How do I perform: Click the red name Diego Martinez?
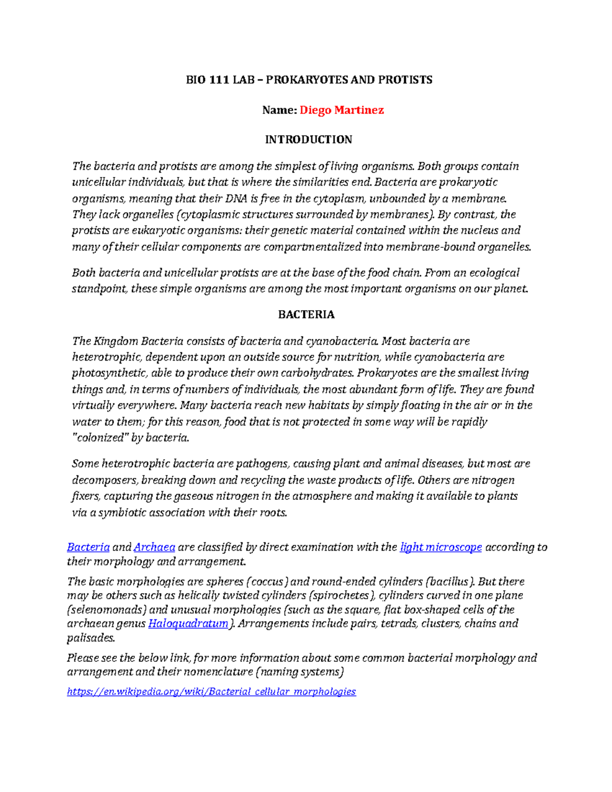pyautogui.click(x=341, y=110)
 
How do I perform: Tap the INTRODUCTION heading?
pyautogui.click(x=309, y=140)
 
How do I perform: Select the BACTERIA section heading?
pyautogui.click(x=307, y=315)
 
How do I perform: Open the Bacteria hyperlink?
pyautogui.click(x=88, y=547)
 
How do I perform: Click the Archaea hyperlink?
pyautogui.click(x=154, y=547)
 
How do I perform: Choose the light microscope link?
pyautogui.click(x=441, y=547)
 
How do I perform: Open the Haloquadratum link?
pyautogui.click(x=188, y=624)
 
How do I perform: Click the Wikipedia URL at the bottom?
pyautogui.click(x=211, y=692)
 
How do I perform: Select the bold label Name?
pyautogui.click(x=279, y=110)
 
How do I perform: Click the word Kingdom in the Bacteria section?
pyautogui.click(x=117, y=341)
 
